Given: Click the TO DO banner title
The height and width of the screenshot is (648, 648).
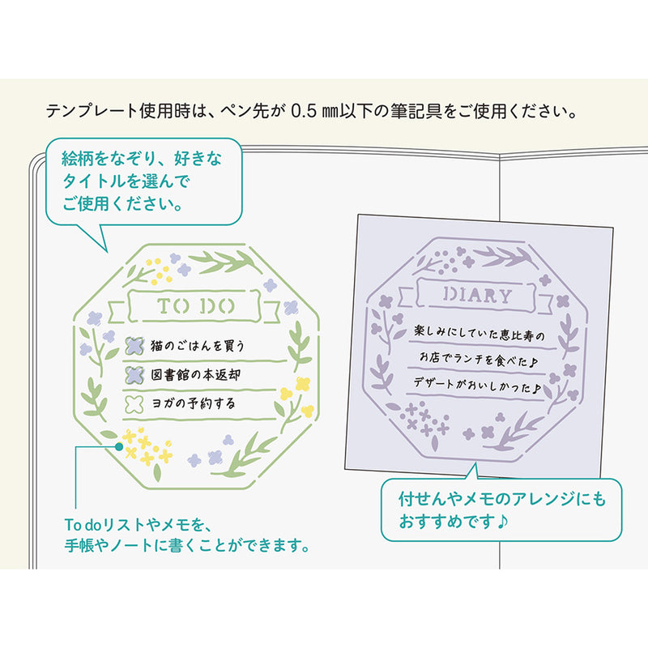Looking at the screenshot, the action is (195, 306).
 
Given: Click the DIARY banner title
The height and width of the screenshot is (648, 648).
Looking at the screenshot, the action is (477, 295).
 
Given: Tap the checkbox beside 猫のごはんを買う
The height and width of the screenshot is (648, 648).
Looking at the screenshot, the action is (134, 346).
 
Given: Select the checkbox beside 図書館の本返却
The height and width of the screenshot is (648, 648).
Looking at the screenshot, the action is (134, 375).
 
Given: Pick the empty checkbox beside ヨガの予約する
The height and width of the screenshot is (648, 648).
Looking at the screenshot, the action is (134, 403).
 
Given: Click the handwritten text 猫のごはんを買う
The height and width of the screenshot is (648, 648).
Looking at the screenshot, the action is (198, 346).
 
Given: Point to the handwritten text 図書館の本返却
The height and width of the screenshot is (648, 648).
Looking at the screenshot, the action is (195, 374).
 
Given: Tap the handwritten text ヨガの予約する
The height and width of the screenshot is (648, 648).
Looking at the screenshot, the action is (194, 403).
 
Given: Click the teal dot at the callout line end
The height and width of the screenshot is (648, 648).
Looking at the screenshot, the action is (119, 446).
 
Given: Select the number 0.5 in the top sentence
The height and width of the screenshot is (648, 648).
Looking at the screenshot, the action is (304, 111).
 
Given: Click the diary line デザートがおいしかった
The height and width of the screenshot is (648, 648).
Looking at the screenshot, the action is (477, 385).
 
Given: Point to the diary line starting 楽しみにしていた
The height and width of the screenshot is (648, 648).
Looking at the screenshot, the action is (480, 333).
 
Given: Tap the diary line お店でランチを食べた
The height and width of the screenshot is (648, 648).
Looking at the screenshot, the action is (479, 359).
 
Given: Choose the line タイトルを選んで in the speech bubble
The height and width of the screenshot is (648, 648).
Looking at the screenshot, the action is (126, 181).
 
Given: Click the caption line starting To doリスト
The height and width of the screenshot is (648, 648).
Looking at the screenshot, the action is (139, 525).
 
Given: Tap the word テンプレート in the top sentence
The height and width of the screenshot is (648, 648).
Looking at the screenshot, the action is (92, 111).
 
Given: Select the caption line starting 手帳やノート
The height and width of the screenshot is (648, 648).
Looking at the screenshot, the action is (187, 545).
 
